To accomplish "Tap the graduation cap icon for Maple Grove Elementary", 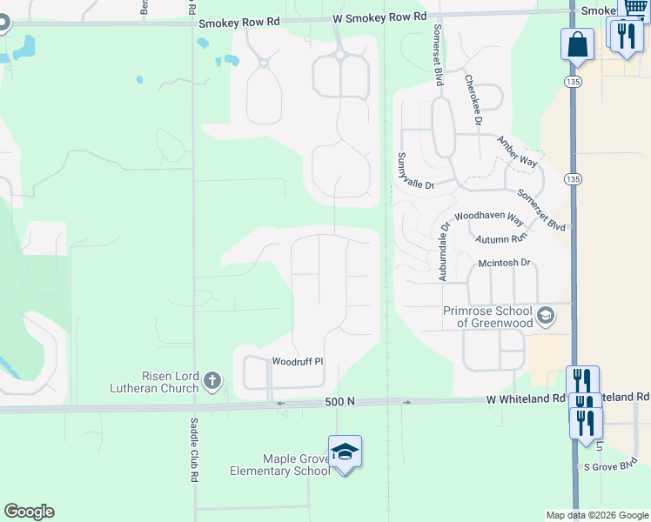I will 345,452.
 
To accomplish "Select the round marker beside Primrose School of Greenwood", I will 545,315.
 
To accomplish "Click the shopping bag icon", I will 577,43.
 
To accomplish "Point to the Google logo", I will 29,512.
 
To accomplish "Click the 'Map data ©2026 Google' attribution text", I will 597,515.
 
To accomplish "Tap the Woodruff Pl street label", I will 297,360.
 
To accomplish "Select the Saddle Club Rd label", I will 194,448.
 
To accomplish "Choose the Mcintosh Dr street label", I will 504,263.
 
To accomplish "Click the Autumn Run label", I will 501,238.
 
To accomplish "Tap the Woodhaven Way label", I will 489,217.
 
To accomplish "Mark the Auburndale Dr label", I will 442,250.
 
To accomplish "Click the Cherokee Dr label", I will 473,98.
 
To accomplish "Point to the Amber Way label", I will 517,150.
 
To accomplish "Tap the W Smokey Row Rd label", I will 380,17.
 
